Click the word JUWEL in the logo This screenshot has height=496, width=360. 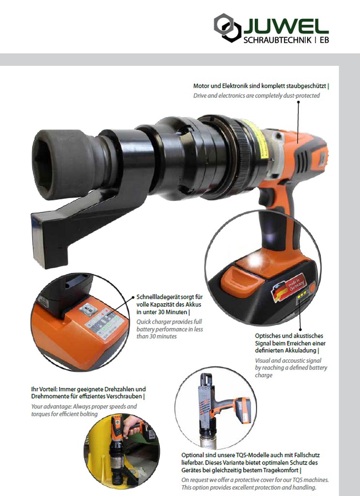pos(286,26)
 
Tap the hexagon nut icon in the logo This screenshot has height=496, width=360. pos(228,28)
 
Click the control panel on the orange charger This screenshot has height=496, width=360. pos(103,323)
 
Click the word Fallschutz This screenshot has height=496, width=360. pos(307,455)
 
